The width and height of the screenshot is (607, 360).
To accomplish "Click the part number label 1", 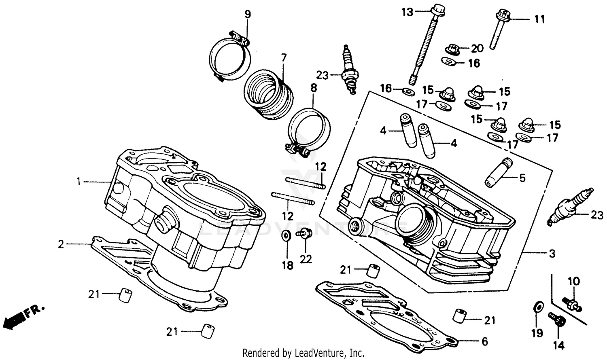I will (79, 182).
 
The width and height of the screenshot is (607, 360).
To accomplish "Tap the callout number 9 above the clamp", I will (248, 15).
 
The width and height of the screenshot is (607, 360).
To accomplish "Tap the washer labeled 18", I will (285, 235).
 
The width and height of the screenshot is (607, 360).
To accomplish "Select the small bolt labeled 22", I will (304, 233).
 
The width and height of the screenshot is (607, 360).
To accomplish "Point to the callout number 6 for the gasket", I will (485, 342).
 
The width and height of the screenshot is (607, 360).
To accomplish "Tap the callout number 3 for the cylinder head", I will (552, 254).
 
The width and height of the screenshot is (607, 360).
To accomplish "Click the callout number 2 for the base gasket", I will (61, 244).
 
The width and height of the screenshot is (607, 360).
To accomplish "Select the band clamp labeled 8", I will (310, 129).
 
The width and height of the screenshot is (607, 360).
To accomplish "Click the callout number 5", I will (522, 178).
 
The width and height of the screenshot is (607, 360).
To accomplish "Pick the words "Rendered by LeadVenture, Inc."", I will (303, 353).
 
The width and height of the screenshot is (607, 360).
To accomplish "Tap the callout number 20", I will (477, 49).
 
